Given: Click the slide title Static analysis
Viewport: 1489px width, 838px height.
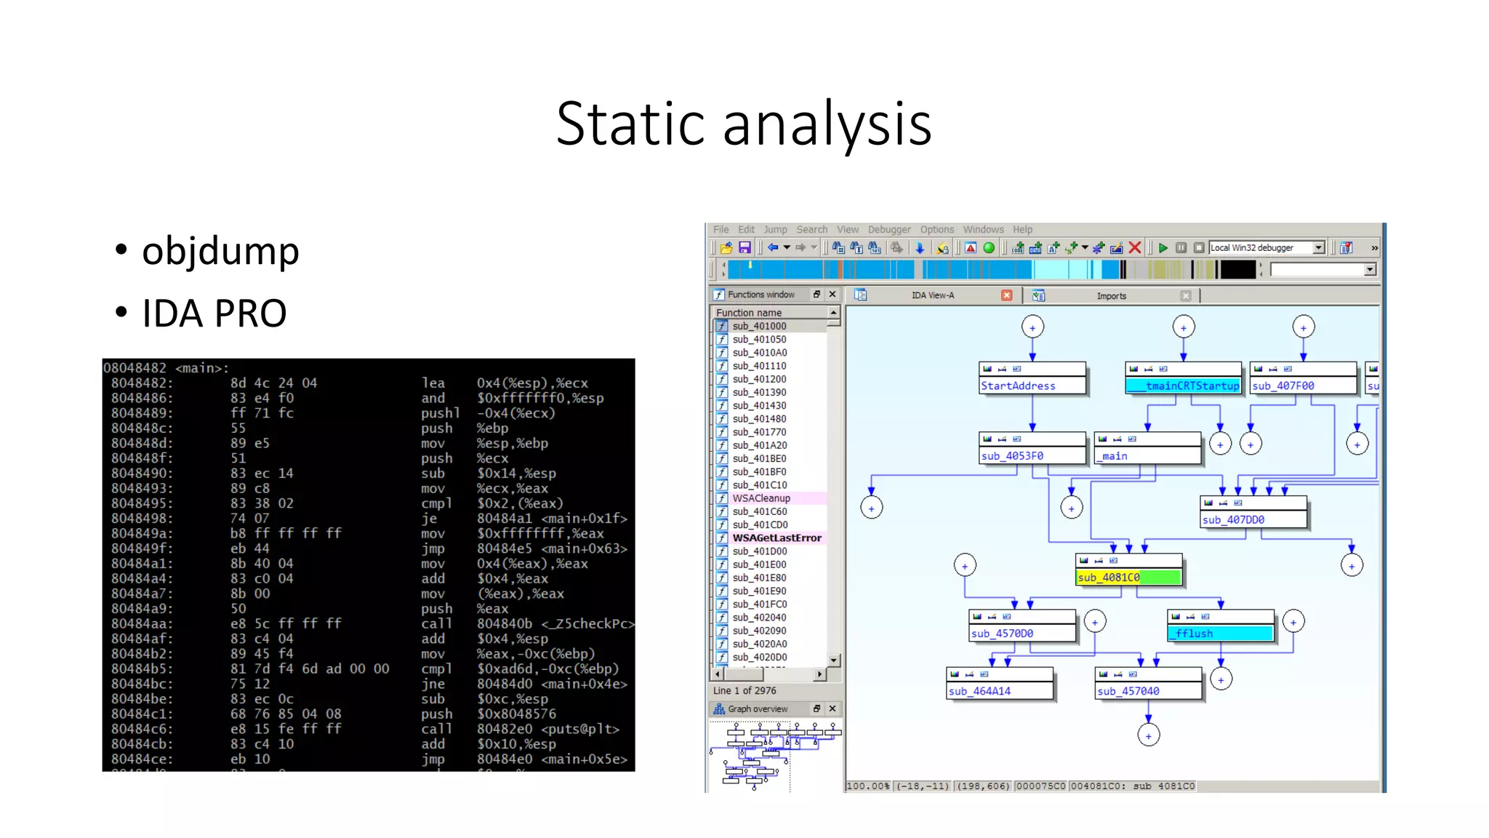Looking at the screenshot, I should [x=743, y=124].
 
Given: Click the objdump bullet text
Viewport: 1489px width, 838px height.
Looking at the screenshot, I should [x=220, y=251].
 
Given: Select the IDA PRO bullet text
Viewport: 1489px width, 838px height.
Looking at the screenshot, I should [x=214, y=314].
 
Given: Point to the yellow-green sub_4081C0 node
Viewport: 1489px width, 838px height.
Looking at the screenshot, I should [x=1128, y=578].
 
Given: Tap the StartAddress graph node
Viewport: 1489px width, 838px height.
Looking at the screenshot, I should [x=1032, y=386].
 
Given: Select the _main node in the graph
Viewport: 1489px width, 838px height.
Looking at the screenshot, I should [x=1147, y=456].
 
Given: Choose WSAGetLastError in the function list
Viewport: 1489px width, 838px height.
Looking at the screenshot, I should [x=776, y=538].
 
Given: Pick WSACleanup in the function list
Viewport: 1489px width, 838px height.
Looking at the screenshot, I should [x=760, y=498].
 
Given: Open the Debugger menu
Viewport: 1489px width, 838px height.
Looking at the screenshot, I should [x=888, y=229].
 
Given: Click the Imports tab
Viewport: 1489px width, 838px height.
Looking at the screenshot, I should [x=1111, y=296].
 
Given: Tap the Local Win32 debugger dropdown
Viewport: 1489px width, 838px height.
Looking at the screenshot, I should [x=1266, y=248].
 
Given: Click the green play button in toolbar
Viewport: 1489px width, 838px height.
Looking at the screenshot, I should [x=1163, y=248].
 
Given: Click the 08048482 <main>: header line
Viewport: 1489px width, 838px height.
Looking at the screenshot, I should [x=166, y=368].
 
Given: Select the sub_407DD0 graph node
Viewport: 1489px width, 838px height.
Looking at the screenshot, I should [x=1253, y=520].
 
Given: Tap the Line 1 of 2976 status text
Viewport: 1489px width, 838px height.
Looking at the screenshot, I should [x=744, y=691].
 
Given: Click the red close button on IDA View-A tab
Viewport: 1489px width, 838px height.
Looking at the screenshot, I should [x=1006, y=295].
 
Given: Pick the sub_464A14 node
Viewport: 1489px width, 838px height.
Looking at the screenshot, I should [x=999, y=691].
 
